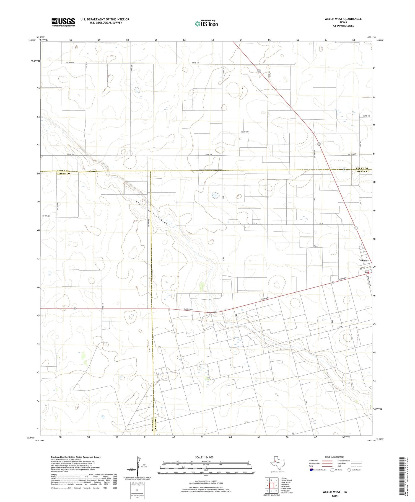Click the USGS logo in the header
click(63, 22)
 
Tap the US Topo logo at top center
click(206, 24)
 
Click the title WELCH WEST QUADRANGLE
click(343, 19)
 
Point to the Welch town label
click(363, 260)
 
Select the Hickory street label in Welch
click(362, 268)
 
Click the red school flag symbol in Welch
click(368, 272)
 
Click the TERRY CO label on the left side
click(63, 171)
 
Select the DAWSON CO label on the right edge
click(362, 171)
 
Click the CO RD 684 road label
click(245, 132)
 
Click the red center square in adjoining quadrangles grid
click(272, 485)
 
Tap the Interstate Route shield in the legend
click(312, 470)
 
